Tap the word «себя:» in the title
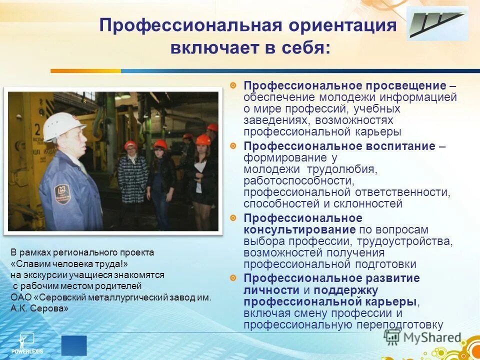point(304,48)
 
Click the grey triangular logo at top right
point(436,24)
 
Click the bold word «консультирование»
point(300,229)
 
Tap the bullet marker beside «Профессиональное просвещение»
point(233,85)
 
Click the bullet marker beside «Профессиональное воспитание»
point(233,146)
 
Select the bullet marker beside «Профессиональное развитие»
point(233,278)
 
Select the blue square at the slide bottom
point(74,345)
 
